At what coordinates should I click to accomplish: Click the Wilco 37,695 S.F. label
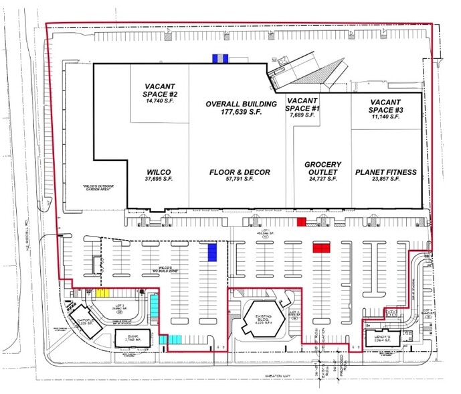[x=161, y=176]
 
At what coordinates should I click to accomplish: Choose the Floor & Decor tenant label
[x=240, y=176]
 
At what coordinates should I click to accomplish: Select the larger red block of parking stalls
[x=322, y=247]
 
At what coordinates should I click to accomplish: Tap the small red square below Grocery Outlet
[x=301, y=222]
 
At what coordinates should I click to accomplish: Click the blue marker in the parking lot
[x=212, y=252]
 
